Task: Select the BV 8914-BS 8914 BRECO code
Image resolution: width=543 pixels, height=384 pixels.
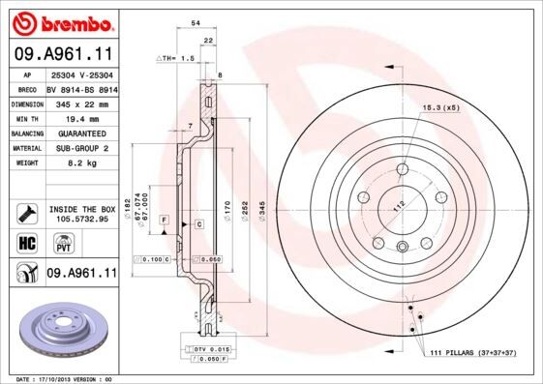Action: (80, 86)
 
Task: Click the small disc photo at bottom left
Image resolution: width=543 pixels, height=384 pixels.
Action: (61, 326)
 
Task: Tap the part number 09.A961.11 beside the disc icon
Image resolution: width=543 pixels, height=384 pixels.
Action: (80, 274)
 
